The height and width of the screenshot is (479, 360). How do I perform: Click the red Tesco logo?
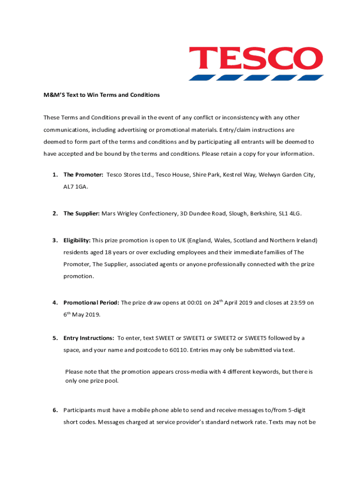[256, 64]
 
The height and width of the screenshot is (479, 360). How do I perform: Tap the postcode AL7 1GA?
[75, 187]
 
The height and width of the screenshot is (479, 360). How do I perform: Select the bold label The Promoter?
[83, 175]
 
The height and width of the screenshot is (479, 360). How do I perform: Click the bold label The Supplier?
[81, 214]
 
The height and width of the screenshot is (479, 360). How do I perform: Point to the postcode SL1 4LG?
[290, 214]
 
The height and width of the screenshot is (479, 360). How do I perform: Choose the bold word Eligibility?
[77, 241]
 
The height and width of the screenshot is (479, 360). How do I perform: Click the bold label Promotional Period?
[91, 303]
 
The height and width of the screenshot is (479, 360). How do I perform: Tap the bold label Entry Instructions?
[89, 338]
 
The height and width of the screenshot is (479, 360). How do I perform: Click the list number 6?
[55, 411]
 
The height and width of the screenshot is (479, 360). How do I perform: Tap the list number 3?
[55, 241]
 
